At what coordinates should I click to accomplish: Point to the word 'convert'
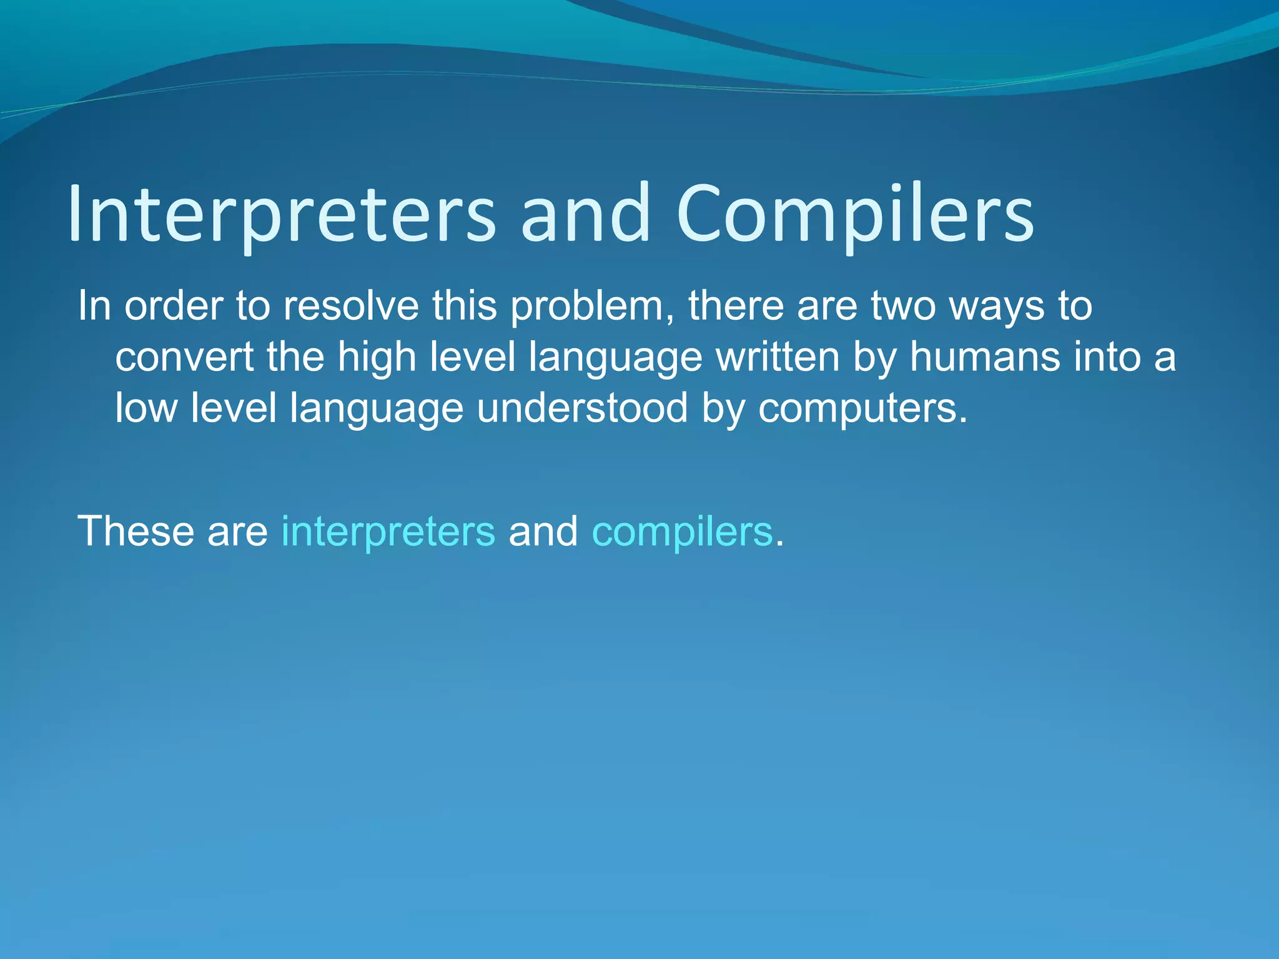pos(184,358)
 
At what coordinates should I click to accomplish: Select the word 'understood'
pos(582,408)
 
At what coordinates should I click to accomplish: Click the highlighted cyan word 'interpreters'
pos(388,531)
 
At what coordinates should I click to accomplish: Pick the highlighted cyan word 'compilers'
pos(682,533)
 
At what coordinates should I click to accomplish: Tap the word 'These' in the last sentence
pos(136,531)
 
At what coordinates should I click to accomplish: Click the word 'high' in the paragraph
pos(377,358)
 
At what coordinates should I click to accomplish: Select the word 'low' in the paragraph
pos(146,408)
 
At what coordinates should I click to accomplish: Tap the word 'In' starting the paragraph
pos(94,307)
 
